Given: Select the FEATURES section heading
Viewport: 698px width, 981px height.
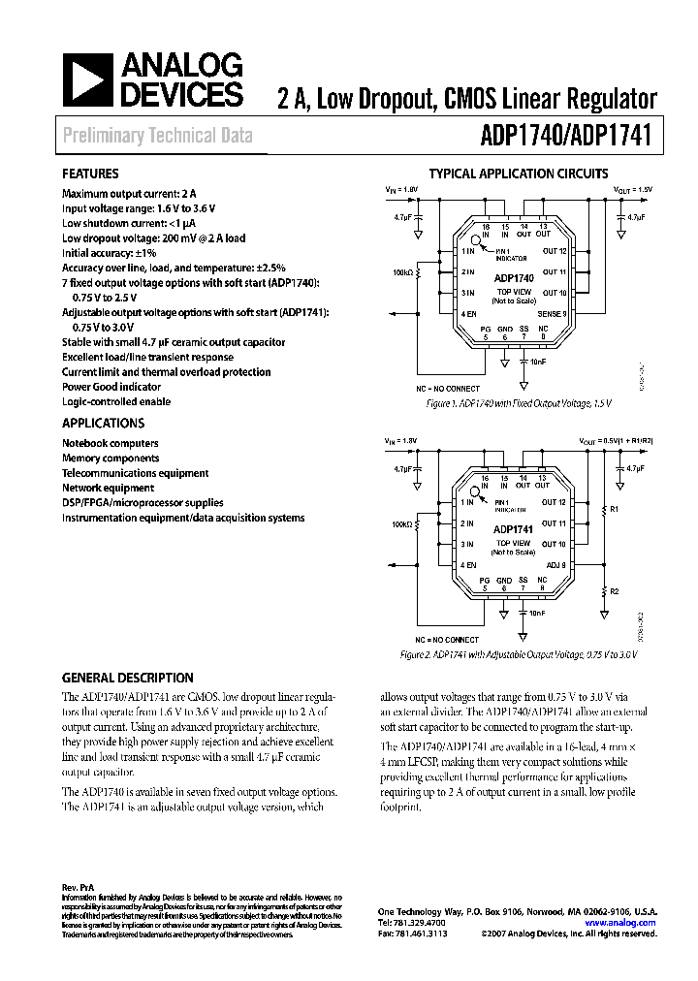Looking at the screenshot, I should (91, 174).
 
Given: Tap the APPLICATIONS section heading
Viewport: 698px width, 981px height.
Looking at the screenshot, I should (104, 424).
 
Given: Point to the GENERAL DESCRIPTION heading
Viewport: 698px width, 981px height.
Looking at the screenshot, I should (128, 679).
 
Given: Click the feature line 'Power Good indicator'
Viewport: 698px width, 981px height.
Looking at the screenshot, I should (111, 387).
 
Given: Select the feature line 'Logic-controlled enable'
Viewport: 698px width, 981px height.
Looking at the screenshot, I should (116, 401).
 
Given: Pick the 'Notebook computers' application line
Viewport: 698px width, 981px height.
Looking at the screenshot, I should (111, 443).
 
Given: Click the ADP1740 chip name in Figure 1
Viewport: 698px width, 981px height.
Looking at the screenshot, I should (513, 277).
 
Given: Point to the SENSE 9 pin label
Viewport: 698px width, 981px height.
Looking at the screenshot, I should (552, 314).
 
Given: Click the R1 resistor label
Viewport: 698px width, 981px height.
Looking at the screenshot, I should (613, 507).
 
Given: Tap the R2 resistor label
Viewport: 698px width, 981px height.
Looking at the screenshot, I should (613, 590).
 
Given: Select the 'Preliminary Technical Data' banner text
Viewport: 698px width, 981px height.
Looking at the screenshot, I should (157, 136).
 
